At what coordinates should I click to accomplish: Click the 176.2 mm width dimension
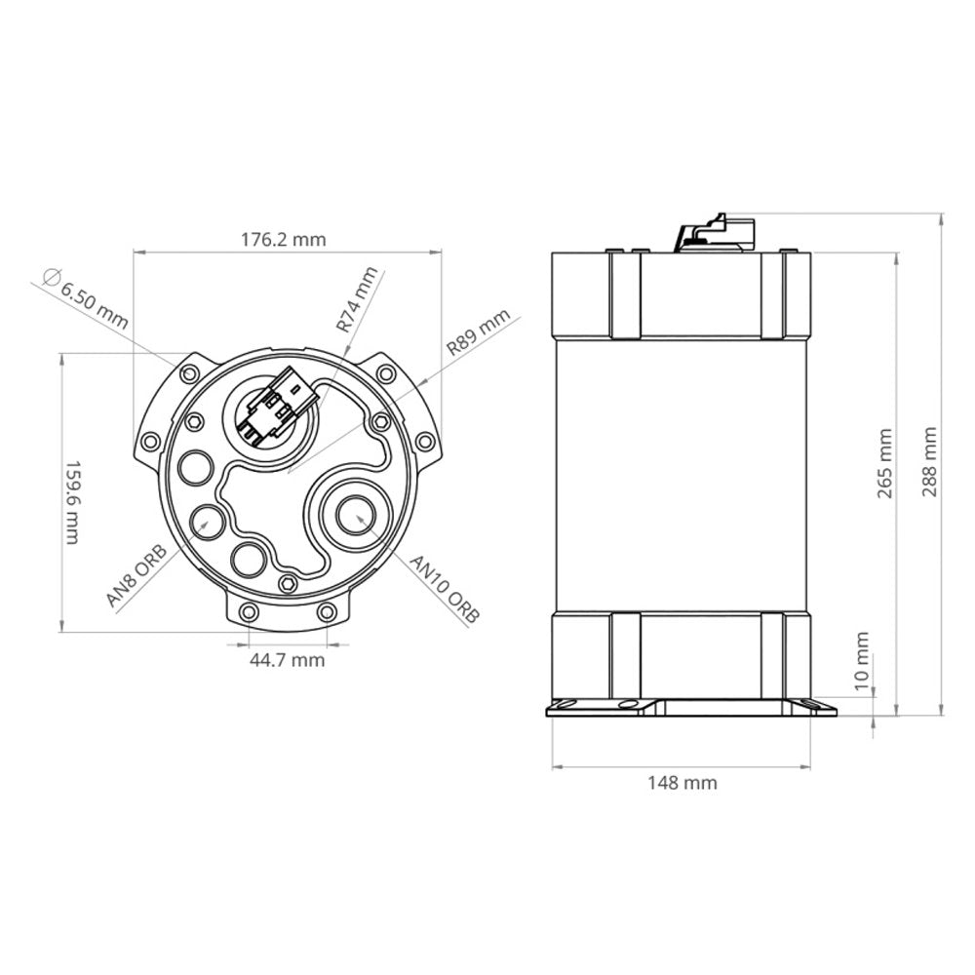click(x=284, y=239)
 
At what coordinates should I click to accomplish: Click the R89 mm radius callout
click(x=478, y=331)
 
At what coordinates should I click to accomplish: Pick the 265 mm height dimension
click(x=883, y=463)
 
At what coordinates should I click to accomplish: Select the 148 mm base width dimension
click(x=682, y=782)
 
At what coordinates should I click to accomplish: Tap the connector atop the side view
click(x=717, y=232)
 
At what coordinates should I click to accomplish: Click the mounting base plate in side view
click(x=680, y=708)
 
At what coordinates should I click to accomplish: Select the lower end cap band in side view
click(x=680, y=654)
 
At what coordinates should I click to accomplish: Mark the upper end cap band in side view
click(x=680, y=292)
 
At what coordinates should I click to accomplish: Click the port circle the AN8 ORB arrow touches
click(x=207, y=520)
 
